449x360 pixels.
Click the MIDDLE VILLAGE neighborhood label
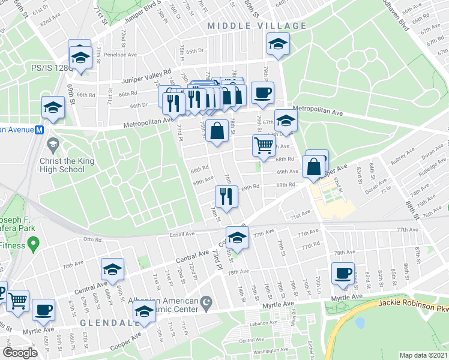[x=257, y=26]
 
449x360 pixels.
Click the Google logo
[x=20, y=353]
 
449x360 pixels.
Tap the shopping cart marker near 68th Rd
[x=264, y=145]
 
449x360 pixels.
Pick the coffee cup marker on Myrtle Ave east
[x=343, y=274]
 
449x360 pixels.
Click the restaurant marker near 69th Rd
[x=226, y=196]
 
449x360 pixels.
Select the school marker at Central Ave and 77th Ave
[x=237, y=237]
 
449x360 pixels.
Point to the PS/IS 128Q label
[x=53, y=68]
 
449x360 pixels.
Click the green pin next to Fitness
[x=33, y=244]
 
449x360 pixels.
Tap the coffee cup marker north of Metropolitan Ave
[x=262, y=92]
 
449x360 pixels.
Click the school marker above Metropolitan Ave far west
[x=53, y=107]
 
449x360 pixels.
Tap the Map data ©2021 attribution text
[x=424, y=355]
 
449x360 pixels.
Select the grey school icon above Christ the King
[x=53, y=143]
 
